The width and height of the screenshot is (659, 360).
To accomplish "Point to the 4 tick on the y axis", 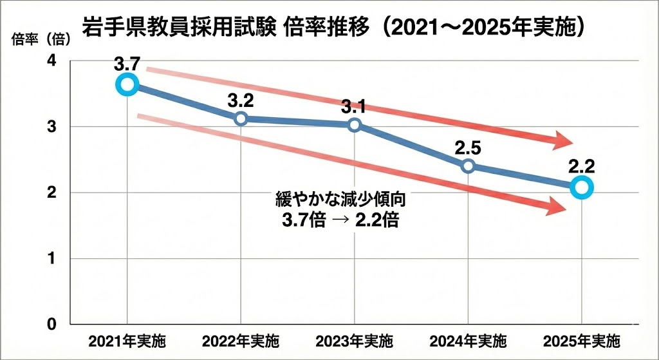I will pyautogui.click(x=51, y=61).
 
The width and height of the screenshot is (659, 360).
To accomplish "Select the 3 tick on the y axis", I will pyautogui.click(x=51, y=127).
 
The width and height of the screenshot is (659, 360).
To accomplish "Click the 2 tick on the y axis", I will pyautogui.click(x=51, y=193).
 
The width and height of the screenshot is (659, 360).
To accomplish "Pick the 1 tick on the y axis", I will pyautogui.click(x=51, y=259).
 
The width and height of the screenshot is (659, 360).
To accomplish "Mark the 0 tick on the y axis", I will pyautogui.click(x=51, y=324).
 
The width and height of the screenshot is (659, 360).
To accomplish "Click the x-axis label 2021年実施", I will pyautogui.click(x=127, y=341).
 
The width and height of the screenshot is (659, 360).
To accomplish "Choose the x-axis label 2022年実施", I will pyautogui.click(x=241, y=341).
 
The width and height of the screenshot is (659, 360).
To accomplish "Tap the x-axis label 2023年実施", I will pyautogui.click(x=355, y=341).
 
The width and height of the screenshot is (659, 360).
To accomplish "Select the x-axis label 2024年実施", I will pyautogui.click(x=468, y=341).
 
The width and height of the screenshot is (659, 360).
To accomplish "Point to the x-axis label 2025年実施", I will pyautogui.click(x=582, y=341).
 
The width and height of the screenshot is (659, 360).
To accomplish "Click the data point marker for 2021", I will pyautogui.click(x=127, y=84).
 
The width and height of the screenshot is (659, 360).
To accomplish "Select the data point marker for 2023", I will pyautogui.click(x=355, y=125).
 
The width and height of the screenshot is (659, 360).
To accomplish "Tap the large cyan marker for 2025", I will pyautogui.click(x=582, y=187).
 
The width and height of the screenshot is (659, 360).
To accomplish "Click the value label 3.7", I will pyautogui.click(x=127, y=64).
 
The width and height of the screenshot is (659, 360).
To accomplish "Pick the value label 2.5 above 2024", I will pyautogui.click(x=468, y=147).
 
